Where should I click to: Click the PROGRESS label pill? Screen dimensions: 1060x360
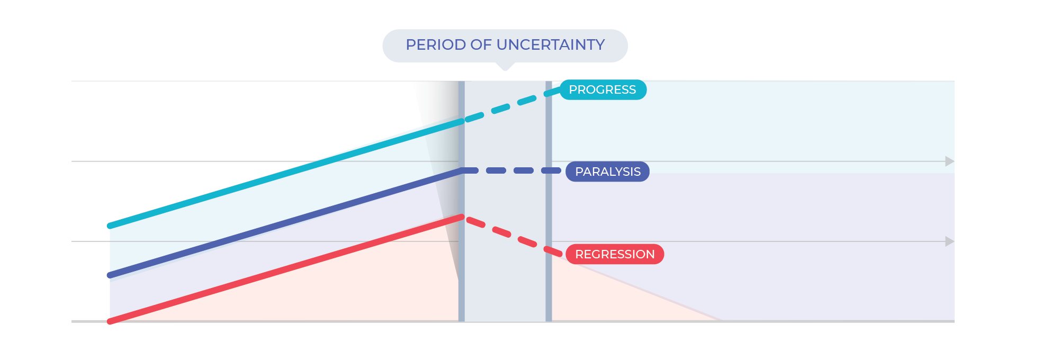[603, 89]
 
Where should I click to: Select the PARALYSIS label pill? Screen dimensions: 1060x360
[607, 172]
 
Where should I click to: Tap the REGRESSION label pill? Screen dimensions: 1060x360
[615, 254]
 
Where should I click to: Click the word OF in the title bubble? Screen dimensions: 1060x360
[481, 45]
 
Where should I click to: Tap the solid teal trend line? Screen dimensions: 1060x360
[286, 174]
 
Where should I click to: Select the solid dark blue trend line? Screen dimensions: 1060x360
[286, 223]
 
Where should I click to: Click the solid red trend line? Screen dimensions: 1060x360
[286, 269]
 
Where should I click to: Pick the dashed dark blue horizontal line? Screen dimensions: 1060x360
[511, 170]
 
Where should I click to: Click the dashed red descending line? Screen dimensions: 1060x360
[513, 236]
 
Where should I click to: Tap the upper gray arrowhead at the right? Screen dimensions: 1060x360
[950, 161]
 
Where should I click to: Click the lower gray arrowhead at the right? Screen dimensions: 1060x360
[950, 241]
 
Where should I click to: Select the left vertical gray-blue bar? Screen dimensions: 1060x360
[462, 201]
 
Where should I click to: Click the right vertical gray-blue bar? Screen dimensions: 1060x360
[549, 201]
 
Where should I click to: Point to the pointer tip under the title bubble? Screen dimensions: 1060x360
[505, 70]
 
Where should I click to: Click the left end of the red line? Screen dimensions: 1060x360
[110, 322]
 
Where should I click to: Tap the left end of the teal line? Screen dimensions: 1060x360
[110, 227]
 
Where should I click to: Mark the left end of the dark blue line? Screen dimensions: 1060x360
[110, 276]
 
